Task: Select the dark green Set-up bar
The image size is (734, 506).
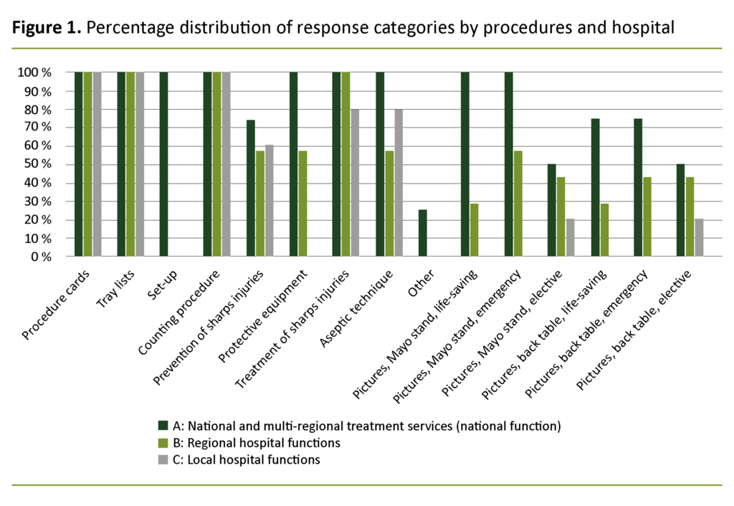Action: pos(164,164)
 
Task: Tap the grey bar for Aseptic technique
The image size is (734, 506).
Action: pos(398,183)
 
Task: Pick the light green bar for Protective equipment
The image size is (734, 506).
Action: pos(302,204)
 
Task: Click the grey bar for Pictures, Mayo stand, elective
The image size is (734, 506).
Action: pos(570,237)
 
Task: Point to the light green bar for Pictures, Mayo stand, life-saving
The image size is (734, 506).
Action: pos(475,230)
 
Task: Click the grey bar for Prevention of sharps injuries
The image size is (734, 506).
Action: pos(269,201)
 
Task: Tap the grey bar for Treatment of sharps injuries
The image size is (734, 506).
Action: pos(355,183)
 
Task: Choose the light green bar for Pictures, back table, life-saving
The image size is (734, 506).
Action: pos(604,230)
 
